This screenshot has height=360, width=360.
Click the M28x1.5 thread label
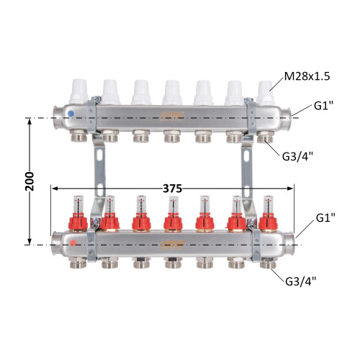pyautogui.click(x=307, y=76)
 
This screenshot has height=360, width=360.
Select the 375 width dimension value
pyautogui.click(x=172, y=189)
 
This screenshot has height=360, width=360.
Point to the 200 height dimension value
pyautogui.click(x=30, y=181)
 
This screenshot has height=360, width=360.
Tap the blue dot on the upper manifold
pyautogui.click(x=71, y=114)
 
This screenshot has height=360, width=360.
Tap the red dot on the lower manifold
pyautogui.click(x=73, y=243)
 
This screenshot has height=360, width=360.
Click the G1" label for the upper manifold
pyautogui.click(x=324, y=106)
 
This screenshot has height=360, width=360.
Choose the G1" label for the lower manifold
pyautogui.click(x=325, y=217)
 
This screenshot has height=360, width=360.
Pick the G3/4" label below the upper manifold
pyautogui.click(x=297, y=157)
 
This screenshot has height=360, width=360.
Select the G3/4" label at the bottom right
pyautogui.click(x=301, y=282)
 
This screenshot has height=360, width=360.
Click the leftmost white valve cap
pyautogui.click(x=78, y=91)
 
